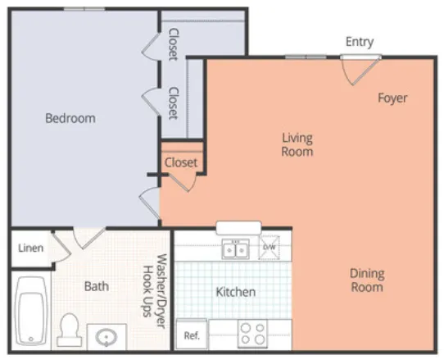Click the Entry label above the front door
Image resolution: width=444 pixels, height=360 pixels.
(x=360, y=42)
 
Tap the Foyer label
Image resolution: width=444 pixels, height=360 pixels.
(x=392, y=98)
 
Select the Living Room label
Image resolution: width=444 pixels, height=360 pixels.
(x=297, y=144)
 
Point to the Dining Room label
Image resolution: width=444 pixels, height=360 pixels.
(x=367, y=280)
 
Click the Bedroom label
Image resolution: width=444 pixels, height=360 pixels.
(x=70, y=118)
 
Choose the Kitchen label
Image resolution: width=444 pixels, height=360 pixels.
(x=236, y=292)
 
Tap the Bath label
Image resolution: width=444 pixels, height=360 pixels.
(x=97, y=286)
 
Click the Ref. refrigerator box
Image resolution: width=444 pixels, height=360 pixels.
(x=193, y=335)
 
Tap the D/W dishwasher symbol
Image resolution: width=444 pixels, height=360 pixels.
(x=270, y=247)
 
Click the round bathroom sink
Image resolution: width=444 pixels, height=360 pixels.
(x=106, y=336)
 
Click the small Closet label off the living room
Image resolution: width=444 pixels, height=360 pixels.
(x=180, y=162)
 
